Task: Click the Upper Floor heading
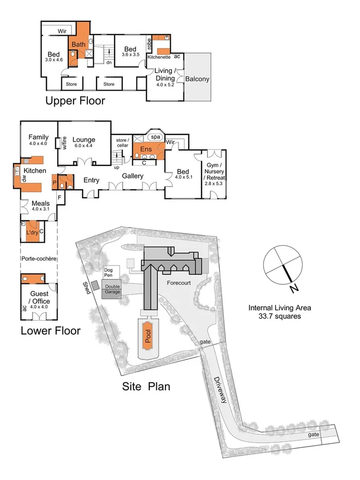point(75,101)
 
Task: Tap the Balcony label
point(197,79)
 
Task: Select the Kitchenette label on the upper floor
point(159,57)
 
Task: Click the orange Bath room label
point(79,44)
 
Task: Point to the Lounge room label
point(84,140)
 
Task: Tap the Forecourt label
point(178,282)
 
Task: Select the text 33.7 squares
point(279,316)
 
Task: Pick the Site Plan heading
point(146,386)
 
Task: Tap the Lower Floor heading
point(50,331)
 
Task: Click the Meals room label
point(41,204)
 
